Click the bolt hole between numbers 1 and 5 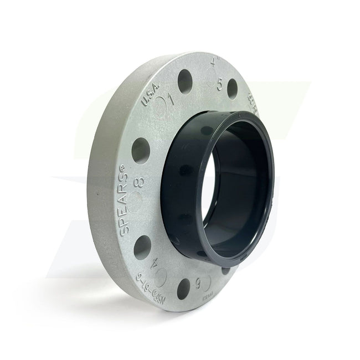[x=185, y=82]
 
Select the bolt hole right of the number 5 [x=232, y=88]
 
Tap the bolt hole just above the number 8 [x=141, y=150]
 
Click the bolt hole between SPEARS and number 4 [x=143, y=247]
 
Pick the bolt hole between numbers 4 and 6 [x=183, y=287]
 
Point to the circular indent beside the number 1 [x=161, y=105]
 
